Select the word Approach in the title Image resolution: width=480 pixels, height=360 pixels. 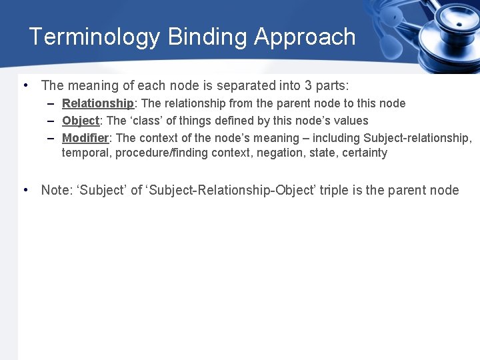[x=305, y=37]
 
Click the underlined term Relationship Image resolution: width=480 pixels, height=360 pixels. [x=98, y=103]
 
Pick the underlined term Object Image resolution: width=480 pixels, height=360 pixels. [x=80, y=121]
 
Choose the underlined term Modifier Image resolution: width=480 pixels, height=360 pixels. [x=85, y=138]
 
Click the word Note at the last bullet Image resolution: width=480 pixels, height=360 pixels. [x=55, y=190]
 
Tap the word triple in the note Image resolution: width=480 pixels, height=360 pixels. [x=335, y=190]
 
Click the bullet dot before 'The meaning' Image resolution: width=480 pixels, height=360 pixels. [x=25, y=85]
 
